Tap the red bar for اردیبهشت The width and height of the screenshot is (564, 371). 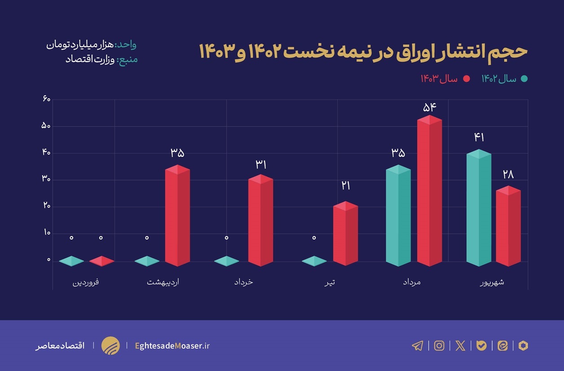click(177, 216)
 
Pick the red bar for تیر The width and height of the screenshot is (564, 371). click(345, 234)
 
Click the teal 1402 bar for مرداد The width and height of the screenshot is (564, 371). click(398, 216)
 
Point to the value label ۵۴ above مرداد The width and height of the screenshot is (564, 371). click(429, 107)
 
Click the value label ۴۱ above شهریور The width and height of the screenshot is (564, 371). click(479, 138)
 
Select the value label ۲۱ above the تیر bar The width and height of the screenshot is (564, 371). click(345, 185)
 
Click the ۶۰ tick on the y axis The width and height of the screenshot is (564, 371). click(46, 99)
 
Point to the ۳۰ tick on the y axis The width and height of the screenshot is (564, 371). click(46, 180)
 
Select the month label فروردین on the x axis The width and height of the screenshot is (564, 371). click(86, 283)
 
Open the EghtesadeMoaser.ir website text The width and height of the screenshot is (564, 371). click(172, 345)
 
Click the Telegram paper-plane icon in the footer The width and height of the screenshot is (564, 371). click(417, 345)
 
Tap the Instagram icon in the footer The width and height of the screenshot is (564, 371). click(439, 345)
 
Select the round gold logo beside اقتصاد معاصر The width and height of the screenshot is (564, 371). click(110, 345)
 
